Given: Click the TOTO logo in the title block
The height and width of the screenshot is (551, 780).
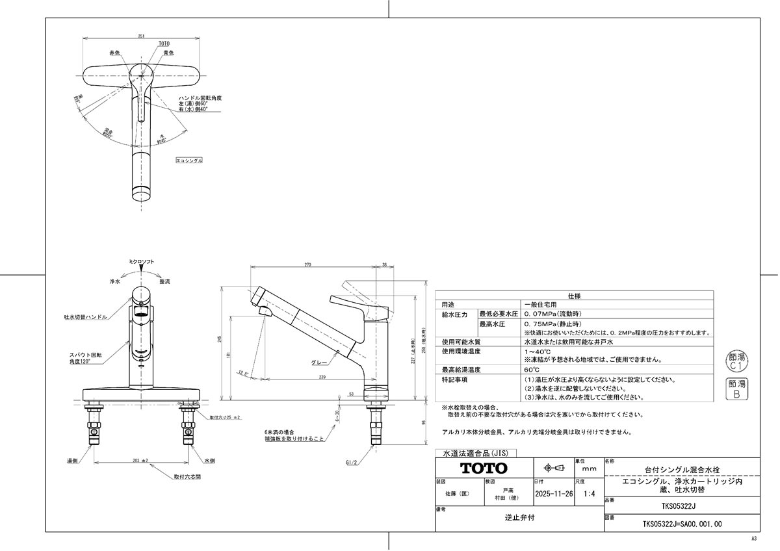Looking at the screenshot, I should tap(484, 468).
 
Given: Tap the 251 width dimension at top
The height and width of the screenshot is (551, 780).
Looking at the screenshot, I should tap(141, 36).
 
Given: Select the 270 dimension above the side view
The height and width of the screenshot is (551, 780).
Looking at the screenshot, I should tap(307, 265).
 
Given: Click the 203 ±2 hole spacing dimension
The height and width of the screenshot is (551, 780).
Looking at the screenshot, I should tap(140, 461).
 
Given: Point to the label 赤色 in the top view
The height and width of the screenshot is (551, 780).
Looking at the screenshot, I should tap(114, 53).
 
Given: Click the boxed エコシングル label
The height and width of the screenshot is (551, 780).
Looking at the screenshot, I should tap(190, 160).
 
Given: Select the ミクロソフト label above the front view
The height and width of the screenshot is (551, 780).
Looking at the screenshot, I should tap(141, 261).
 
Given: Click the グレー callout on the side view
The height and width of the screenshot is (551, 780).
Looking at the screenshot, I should tap(318, 364).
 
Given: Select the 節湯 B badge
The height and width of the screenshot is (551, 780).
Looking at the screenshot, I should tap(736, 389).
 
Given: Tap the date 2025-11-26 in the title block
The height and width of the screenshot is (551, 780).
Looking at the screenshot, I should tap(553, 494).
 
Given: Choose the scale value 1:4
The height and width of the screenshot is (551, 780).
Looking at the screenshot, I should tap(590, 494).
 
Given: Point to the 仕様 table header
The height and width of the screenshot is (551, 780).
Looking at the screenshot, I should tap(574, 296).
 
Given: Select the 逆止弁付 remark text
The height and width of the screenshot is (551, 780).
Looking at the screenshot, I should tap(520, 519).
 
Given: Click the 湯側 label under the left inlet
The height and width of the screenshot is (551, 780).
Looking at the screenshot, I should tap(73, 460).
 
